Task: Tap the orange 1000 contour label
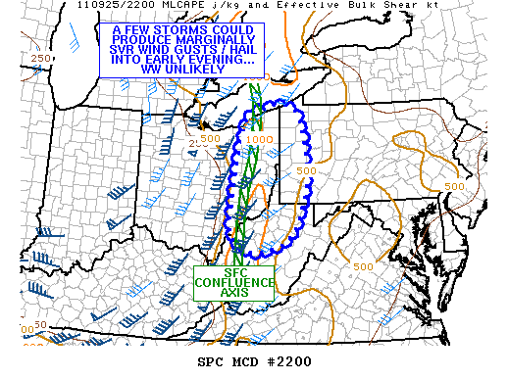(260, 140)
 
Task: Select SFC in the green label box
(235, 272)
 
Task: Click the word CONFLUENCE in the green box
(235, 282)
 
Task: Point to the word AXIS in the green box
(235, 292)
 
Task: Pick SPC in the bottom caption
(209, 361)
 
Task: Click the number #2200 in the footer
(288, 361)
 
